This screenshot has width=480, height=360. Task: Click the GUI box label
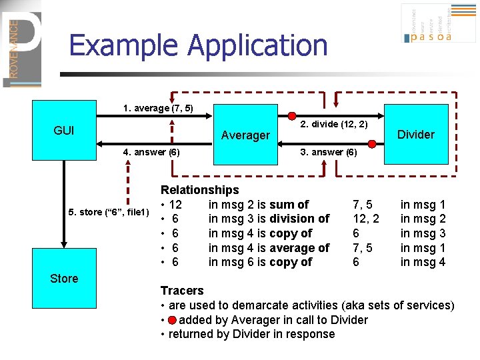(x=64, y=131)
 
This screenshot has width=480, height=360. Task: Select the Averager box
(x=245, y=135)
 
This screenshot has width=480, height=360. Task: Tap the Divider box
(x=415, y=134)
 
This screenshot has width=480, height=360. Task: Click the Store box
(x=64, y=279)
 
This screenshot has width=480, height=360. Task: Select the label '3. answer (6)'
(x=329, y=152)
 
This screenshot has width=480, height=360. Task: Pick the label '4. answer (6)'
(x=151, y=152)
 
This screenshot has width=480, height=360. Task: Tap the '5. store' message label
(x=109, y=212)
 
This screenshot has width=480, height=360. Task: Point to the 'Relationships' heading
(x=199, y=190)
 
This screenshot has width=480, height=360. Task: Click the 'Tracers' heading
(x=182, y=291)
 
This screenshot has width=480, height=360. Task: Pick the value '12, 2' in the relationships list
(x=366, y=219)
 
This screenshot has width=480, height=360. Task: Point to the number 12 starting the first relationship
(x=176, y=205)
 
